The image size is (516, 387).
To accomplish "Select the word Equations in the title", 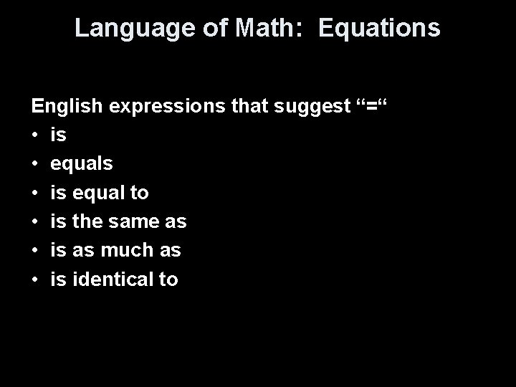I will (379, 28).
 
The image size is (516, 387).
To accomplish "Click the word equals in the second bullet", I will (81, 163).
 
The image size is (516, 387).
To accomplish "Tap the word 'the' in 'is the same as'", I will (86, 221).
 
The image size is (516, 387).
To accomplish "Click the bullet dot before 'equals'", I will (34, 163).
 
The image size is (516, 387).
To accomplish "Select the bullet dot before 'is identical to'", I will (34, 279).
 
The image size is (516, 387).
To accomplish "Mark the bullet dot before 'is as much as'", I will (34, 250).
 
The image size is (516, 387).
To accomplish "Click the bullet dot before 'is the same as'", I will (34, 221).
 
